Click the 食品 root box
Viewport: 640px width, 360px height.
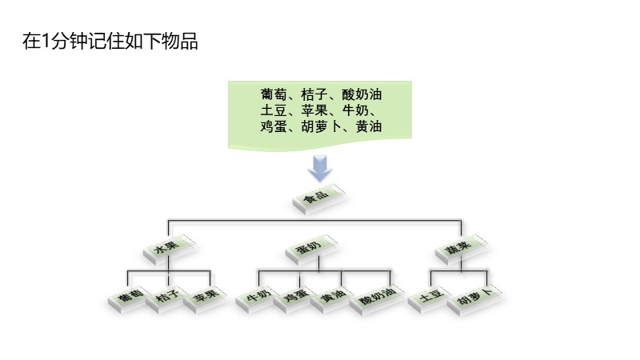(x=318, y=198)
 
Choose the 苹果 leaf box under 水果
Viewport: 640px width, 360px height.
(x=205, y=299)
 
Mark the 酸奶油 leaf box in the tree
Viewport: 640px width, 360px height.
(x=376, y=300)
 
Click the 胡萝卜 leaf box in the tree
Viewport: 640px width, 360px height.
(x=474, y=300)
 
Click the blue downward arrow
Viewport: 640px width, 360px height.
(x=319, y=168)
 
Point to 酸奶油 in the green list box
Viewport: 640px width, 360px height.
(x=362, y=94)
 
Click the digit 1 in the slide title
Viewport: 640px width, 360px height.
(x=46, y=42)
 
